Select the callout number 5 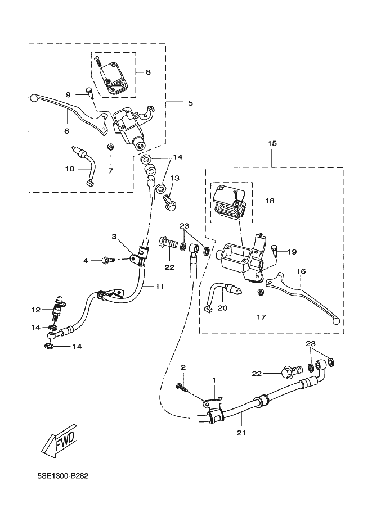(x=190, y=103)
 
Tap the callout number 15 (x=272, y=144)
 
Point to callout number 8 (x=148, y=72)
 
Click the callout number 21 (x=241, y=433)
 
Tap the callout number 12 (x=35, y=310)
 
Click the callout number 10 (x=70, y=169)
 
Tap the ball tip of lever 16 (x=337, y=321)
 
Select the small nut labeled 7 (x=111, y=148)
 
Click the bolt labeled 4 (x=106, y=260)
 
